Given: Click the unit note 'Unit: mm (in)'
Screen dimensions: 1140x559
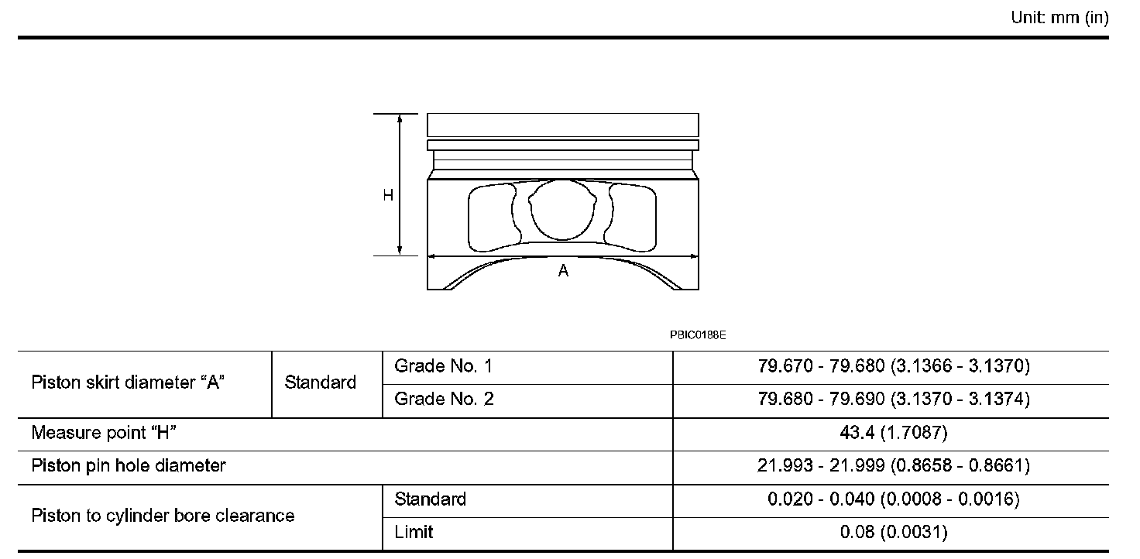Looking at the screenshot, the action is tap(1059, 18).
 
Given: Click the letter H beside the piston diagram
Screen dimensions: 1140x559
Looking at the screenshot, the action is tap(388, 195).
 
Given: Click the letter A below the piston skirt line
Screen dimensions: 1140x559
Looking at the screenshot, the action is tap(563, 271).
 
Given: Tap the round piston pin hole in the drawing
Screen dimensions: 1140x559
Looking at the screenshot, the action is tap(562, 210).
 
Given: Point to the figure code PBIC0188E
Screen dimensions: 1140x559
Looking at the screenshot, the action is tap(698, 335).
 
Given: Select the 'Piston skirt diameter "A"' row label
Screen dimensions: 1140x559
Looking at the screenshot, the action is tap(128, 382).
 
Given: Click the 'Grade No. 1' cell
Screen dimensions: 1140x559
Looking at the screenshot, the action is tap(443, 366).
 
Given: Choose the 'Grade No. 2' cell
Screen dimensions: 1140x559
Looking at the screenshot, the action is tap(444, 399).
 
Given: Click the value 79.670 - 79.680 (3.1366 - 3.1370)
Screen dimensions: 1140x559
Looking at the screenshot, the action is tap(894, 366).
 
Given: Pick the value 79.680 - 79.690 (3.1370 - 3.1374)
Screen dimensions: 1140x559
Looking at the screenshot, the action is tap(894, 399).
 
